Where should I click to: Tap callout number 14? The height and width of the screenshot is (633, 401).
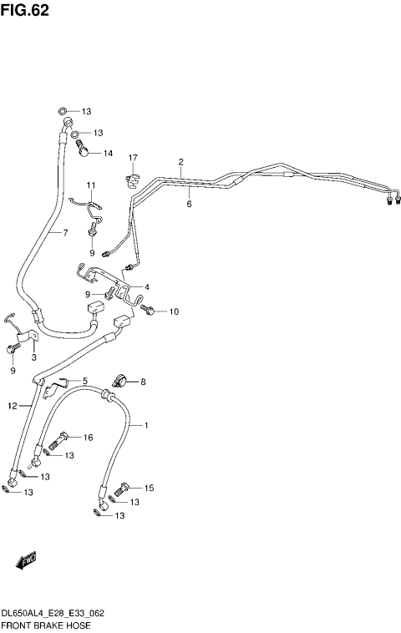108,153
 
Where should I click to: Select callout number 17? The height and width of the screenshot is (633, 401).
132,158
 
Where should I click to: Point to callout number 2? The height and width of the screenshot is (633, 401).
180,161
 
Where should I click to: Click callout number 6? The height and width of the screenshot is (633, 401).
190,203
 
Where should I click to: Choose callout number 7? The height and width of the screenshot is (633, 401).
64,232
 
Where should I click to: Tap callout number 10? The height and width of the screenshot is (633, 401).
174,312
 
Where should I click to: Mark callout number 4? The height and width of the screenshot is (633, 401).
146,287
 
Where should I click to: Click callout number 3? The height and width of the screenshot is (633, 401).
34,357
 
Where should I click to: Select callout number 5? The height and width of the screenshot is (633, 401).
84,381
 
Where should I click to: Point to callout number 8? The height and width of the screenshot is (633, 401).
142,382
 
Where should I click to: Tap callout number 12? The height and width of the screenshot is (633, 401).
12,406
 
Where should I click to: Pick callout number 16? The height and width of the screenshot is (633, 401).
88,438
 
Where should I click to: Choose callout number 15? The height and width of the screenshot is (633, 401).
150,488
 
